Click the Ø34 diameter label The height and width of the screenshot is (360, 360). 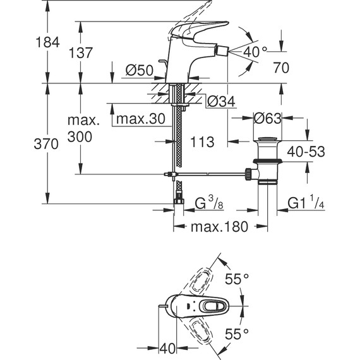point(220,101)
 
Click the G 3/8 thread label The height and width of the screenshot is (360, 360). point(208,203)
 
